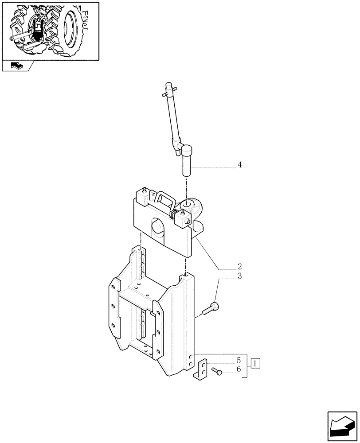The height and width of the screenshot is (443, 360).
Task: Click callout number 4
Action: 239,165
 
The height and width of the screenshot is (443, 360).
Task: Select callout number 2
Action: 239,267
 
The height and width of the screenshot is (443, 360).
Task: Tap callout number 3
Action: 239,276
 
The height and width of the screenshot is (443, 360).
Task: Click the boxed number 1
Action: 256,364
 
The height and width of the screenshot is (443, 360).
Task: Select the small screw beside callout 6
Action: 217,372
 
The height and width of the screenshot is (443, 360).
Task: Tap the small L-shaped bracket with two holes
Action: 201,369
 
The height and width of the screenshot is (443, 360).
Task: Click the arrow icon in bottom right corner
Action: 342,427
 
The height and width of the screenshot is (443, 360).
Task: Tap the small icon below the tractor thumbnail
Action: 16,66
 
